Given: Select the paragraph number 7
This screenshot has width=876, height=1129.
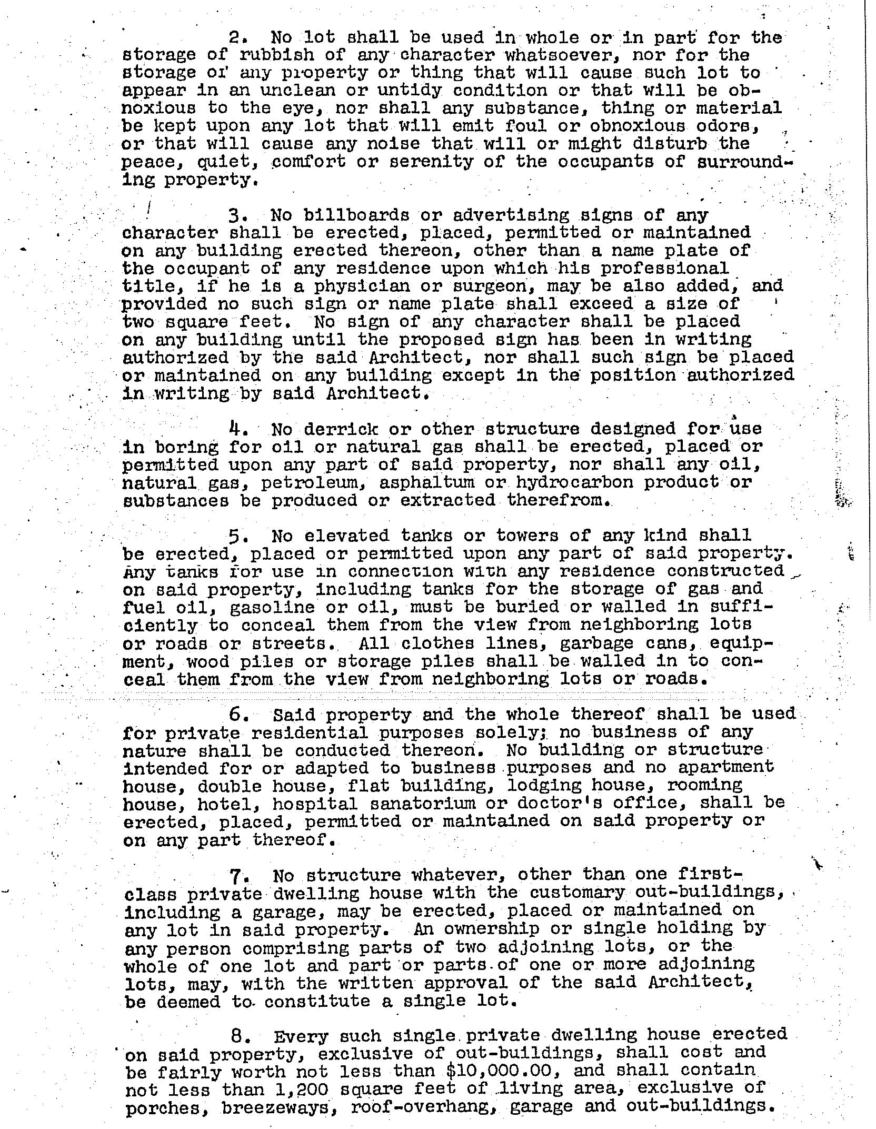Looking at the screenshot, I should [237, 877].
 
